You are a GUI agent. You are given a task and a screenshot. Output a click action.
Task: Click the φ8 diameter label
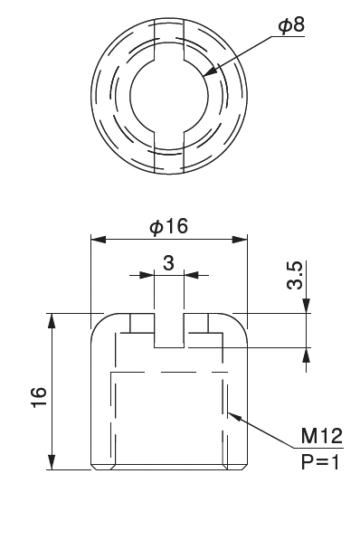click(290, 26)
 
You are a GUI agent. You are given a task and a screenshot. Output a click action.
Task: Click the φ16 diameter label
click(168, 227)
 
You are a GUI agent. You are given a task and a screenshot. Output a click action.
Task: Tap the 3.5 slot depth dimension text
click(296, 275)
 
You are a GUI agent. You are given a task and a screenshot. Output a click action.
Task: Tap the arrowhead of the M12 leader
click(232, 414)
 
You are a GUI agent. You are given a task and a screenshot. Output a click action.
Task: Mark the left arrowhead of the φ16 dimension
click(96, 240)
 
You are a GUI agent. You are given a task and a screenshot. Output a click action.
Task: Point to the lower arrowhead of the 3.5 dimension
click(307, 354)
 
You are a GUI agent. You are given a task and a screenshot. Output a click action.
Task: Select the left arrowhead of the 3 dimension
click(148, 274)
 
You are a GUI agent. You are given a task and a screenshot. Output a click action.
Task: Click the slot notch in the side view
click(168, 331)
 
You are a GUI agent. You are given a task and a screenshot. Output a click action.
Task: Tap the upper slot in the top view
click(168, 40)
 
